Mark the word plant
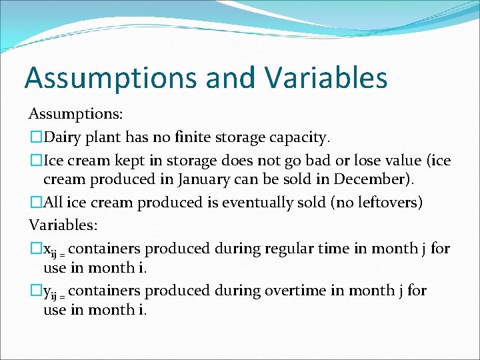(103, 138)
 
